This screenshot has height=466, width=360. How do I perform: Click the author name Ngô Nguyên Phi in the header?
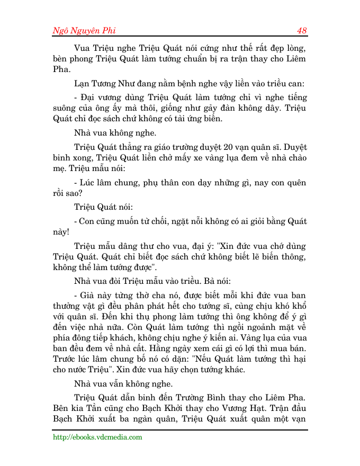[84, 31]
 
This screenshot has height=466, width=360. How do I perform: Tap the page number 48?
[302, 31]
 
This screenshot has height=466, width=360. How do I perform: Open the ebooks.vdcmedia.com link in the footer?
[97, 437]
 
